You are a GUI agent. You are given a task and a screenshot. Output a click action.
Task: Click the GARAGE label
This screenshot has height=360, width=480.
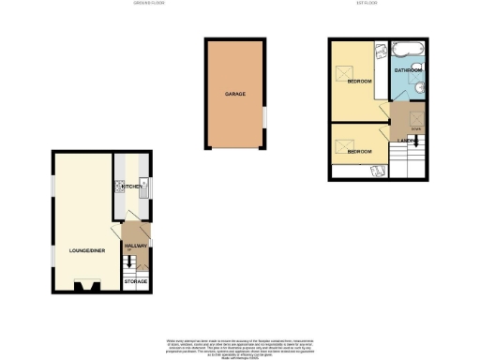(x=234, y=95)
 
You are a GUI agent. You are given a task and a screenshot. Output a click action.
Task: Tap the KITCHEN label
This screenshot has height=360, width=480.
(x=129, y=187)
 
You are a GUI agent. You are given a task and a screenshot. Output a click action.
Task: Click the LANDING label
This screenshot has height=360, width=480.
(x=407, y=140)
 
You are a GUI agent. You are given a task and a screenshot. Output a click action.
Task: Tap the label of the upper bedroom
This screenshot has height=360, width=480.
(x=360, y=82)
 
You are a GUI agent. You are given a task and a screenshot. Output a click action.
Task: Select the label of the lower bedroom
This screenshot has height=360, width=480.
(x=359, y=151)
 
